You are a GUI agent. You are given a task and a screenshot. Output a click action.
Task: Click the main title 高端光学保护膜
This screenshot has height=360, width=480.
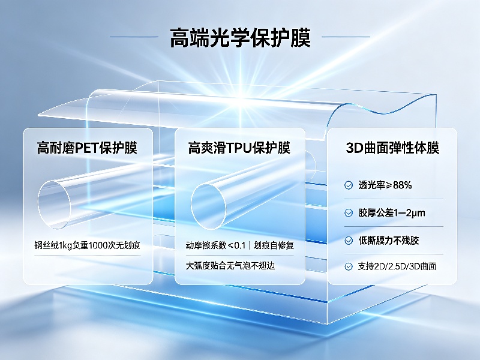240,38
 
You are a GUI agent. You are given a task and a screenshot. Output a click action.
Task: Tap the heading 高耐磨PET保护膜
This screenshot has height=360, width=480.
87,148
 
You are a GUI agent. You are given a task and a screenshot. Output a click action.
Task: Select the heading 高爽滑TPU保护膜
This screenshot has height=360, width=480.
239,148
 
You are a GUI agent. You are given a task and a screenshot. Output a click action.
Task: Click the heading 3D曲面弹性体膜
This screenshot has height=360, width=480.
392,148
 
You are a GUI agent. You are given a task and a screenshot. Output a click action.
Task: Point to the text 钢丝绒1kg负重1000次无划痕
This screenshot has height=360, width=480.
87,245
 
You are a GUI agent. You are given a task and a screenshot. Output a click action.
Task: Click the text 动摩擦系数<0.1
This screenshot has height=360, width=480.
215,245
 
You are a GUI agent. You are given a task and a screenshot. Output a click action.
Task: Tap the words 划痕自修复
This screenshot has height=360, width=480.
274,245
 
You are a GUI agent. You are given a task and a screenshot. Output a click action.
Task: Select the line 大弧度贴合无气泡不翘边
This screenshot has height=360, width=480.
230,265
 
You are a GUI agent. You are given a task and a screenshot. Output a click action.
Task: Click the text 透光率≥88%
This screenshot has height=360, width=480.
385,185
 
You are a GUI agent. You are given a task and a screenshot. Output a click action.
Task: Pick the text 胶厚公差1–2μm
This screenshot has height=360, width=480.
392,213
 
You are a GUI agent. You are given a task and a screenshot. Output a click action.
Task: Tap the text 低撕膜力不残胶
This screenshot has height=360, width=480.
388,241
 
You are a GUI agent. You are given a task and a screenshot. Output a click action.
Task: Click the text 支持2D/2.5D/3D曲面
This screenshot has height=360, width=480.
397,266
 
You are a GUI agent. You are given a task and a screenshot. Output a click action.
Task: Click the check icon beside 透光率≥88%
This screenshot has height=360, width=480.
349,185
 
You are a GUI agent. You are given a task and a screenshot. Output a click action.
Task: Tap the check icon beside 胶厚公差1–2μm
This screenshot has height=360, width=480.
349,213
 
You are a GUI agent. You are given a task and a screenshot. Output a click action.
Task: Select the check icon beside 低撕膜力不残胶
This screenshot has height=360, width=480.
349,241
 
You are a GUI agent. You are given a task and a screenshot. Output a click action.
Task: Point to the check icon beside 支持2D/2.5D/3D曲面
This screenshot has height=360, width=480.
349,266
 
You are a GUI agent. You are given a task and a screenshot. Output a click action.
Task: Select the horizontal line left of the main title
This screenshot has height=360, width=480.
134,37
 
